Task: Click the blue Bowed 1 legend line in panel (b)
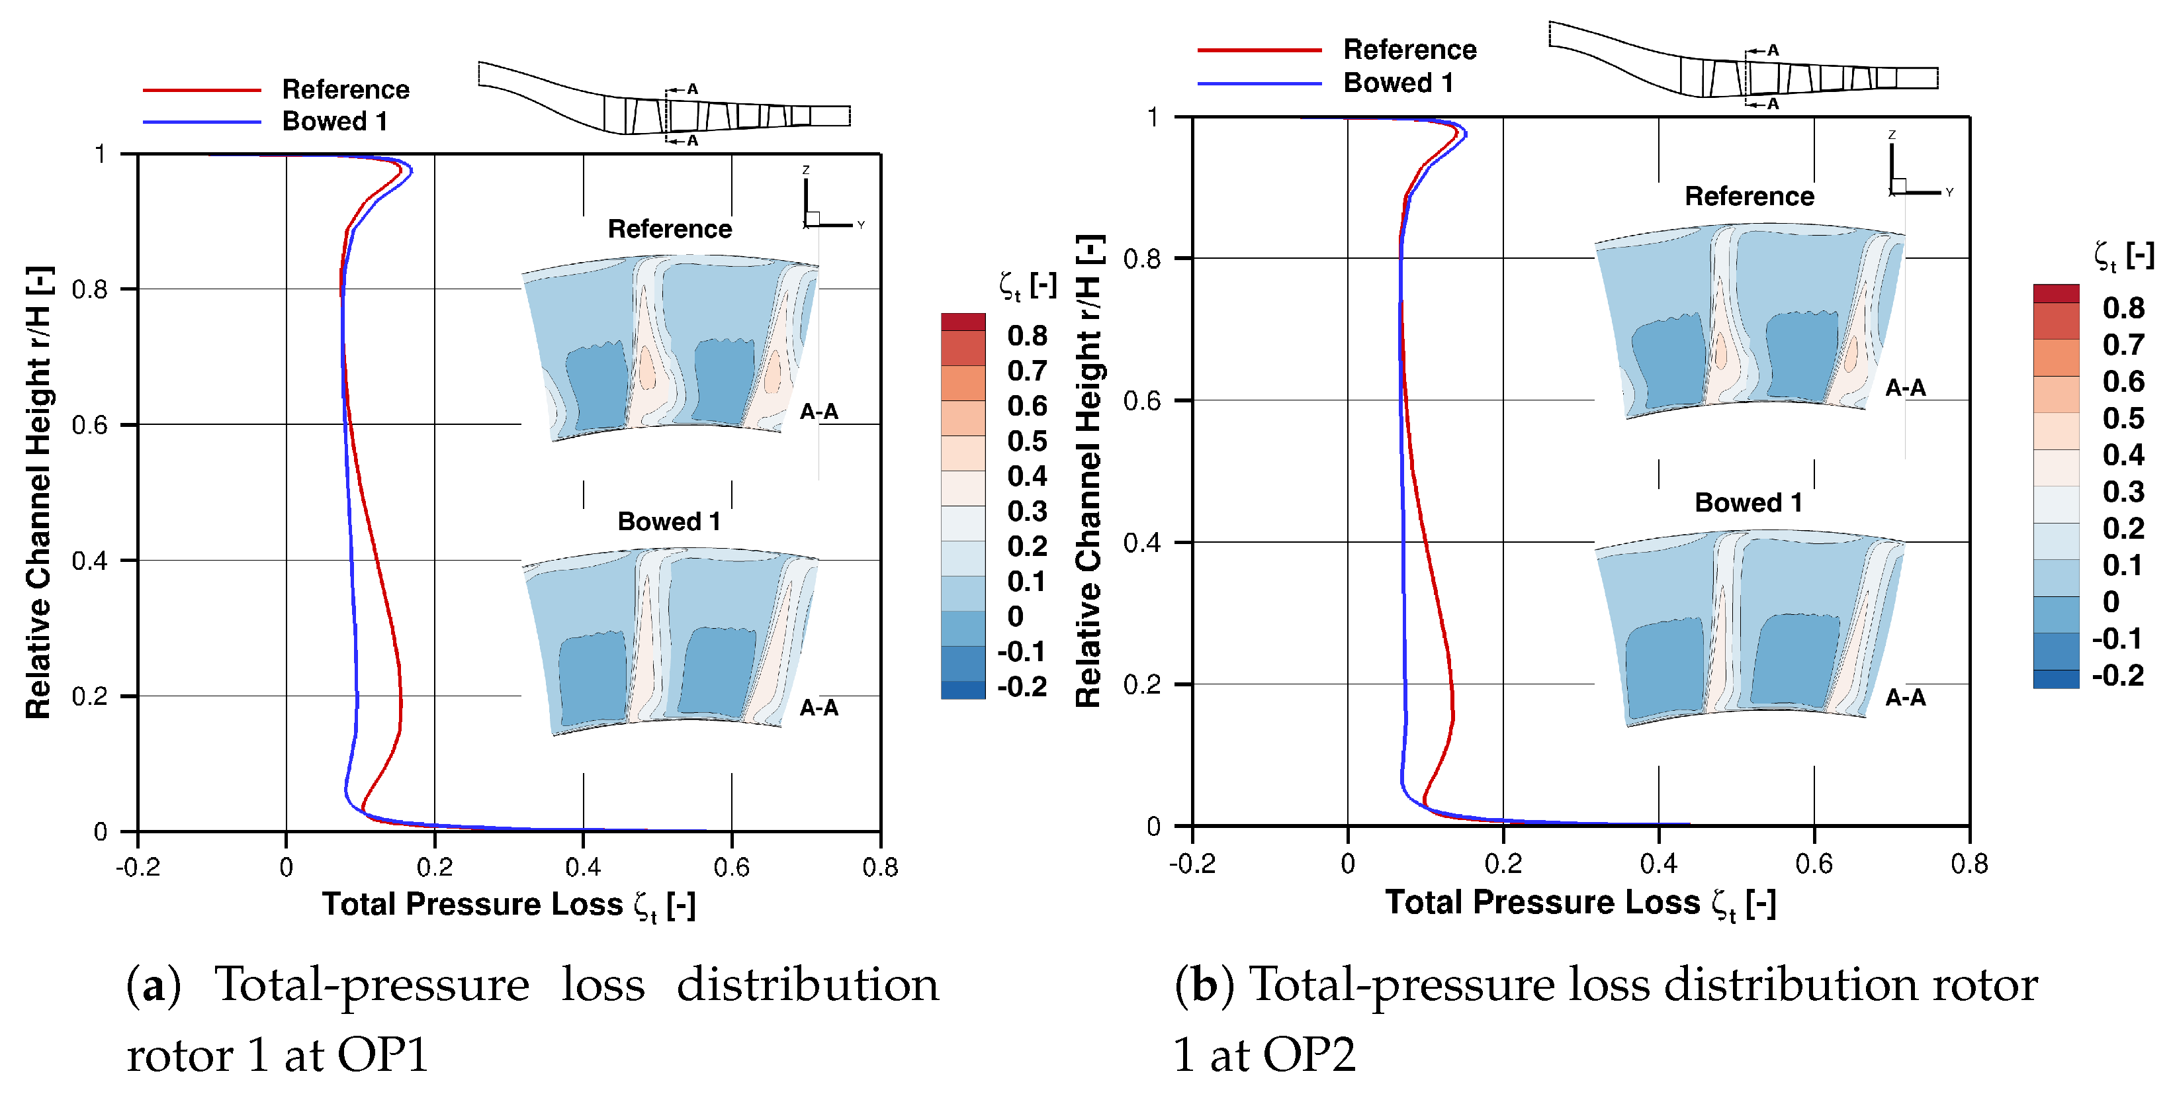coord(1259,83)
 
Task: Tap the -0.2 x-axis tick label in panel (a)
coord(138,866)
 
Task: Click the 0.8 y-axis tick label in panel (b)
coord(1142,259)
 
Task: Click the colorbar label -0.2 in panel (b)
coord(2117,675)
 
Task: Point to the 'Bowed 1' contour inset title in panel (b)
coord(1748,502)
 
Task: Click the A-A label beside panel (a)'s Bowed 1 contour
coord(819,708)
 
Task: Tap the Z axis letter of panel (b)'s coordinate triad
coord(1891,135)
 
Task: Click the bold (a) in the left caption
coord(154,985)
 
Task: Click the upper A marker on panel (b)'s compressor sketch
coord(1773,50)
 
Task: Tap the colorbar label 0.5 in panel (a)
coord(1026,441)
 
